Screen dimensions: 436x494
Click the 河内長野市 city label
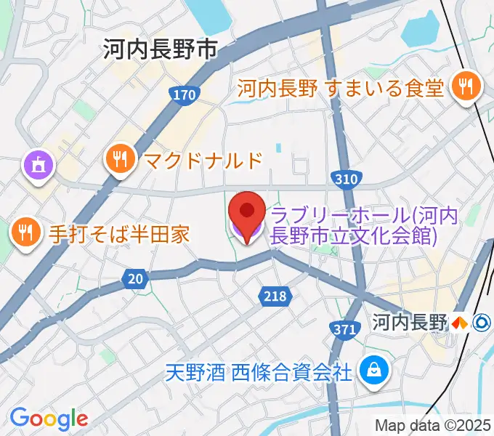click(x=160, y=49)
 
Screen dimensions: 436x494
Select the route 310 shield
click(x=344, y=178)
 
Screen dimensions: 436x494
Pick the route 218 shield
click(x=275, y=296)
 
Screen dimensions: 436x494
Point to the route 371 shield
click(x=346, y=329)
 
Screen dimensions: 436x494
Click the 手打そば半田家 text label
click(x=119, y=233)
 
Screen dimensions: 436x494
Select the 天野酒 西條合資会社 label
click(x=258, y=373)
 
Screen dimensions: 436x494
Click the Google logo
click(x=49, y=418)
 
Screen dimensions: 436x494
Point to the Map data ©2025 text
click(x=432, y=425)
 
